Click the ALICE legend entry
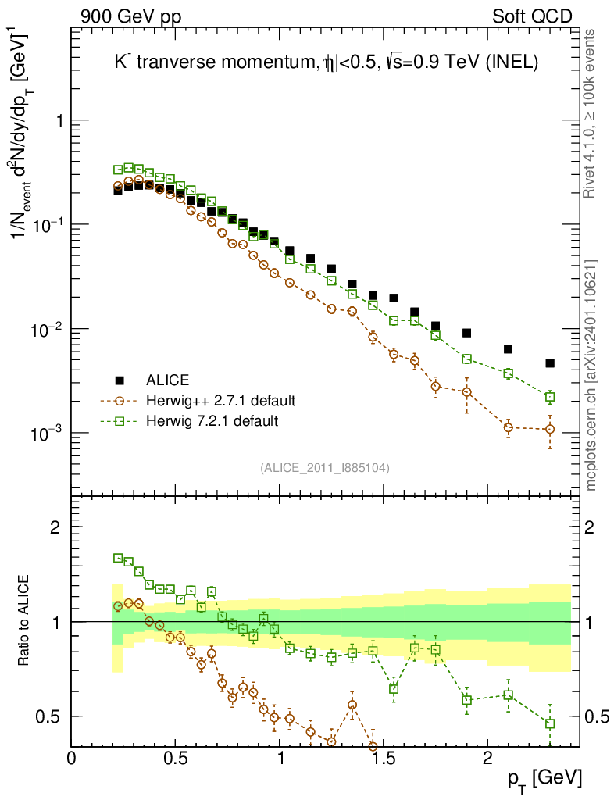click(x=168, y=380)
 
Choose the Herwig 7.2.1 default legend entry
click(x=212, y=421)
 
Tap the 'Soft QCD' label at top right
click(x=532, y=16)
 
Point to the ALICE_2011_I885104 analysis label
click(x=325, y=467)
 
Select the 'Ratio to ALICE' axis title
click(x=27, y=620)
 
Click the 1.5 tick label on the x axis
click(x=384, y=757)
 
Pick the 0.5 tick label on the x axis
click(x=176, y=757)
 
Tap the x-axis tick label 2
click(x=487, y=757)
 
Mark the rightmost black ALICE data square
click(x=550, y=363)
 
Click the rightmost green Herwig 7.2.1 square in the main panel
click(x=550, y=397)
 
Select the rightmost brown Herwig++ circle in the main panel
click(x=550, y=429)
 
